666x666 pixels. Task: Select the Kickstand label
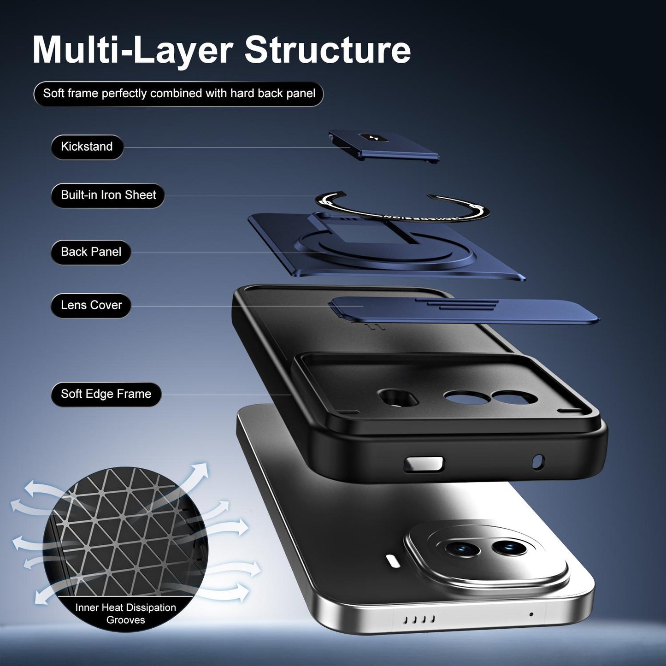[x=87, y=147]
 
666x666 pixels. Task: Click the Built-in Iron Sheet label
[x=108, y=195]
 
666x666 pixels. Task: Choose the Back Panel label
[x=91, y=252]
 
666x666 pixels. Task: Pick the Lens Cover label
[x=91, y=305]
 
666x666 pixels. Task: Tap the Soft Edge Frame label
[x=106, y=394]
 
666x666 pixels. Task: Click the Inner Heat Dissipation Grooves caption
[x=125, y=613]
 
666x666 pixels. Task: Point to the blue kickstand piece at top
[x=383, y=146]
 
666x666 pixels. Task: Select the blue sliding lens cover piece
[x=463, y=310]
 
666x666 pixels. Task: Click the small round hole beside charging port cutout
[x=538, y=462]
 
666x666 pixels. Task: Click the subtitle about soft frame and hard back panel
[x=179, y=94]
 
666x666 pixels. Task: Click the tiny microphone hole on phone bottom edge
[x=531, y=614]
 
